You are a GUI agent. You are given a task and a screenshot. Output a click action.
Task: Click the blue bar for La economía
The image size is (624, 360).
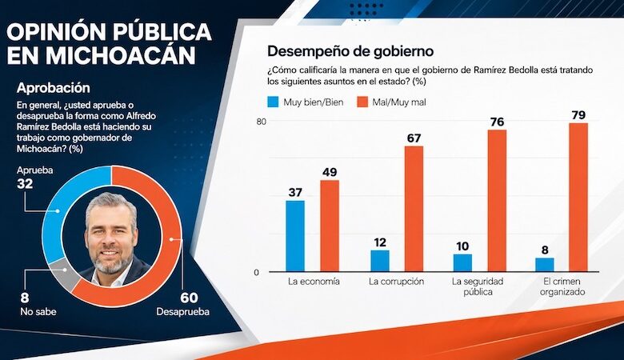pos(295,236)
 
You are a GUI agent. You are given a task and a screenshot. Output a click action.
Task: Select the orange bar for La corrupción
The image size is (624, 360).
pos(414,210)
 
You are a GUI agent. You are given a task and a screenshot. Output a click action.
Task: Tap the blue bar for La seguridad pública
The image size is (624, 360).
pos(462,263)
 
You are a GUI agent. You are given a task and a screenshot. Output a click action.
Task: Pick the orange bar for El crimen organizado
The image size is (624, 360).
pos(578,198)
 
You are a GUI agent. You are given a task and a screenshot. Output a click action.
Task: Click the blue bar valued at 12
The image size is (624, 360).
pos(380,261)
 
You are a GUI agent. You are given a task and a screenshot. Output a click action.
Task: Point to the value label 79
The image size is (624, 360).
pos(578,115)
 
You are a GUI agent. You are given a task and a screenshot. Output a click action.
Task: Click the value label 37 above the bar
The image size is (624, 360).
pos(295,193)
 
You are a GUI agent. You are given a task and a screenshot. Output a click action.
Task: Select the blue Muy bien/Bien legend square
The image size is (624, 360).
pos(273,102)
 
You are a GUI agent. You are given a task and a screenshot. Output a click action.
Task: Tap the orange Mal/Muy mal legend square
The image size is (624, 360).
pos(362,102)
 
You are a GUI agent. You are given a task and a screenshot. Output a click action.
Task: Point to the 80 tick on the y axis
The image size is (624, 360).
pos(261,122)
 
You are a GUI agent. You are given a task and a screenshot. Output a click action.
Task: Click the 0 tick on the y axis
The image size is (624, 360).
pos(257,273)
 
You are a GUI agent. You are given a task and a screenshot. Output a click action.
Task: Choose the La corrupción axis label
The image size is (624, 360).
pos(396,282)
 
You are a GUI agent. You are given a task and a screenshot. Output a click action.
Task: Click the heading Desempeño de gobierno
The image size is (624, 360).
pos(350,51)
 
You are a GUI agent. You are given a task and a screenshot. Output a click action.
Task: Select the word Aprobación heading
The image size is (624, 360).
pos(54,88)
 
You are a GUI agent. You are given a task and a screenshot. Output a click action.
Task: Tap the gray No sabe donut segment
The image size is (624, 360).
pos(63,273)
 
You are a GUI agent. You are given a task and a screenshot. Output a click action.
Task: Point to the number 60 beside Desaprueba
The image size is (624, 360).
pos(189,298)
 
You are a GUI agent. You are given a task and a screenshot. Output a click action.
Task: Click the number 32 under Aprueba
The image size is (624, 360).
pos(25,184)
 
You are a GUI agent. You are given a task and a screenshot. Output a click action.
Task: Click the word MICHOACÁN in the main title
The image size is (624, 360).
pos(102,55)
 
